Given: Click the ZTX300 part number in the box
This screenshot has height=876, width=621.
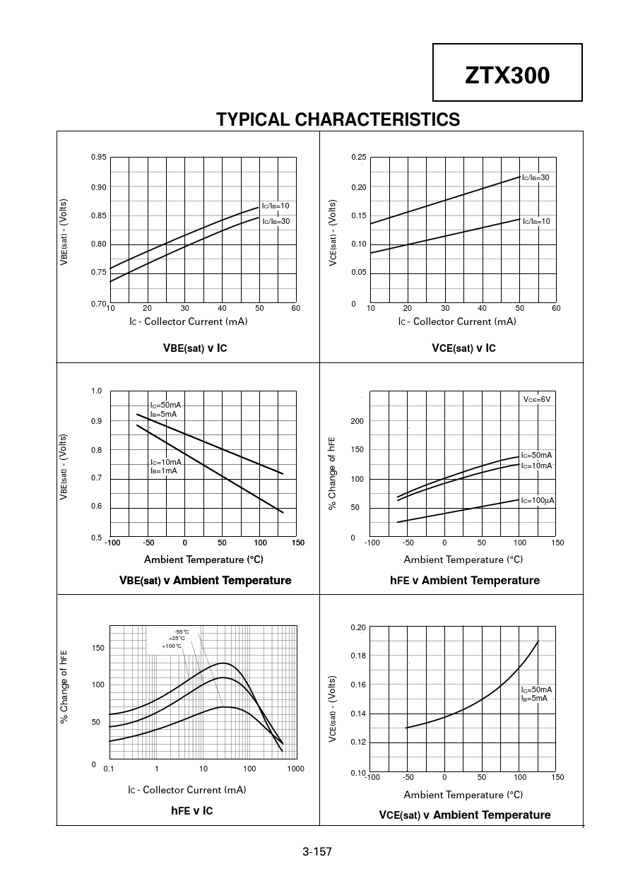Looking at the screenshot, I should tap(507, 76).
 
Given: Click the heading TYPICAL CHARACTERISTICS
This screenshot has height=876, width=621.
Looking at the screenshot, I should tap(338, 119).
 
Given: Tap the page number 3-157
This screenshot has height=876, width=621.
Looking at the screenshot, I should tap(317, 851).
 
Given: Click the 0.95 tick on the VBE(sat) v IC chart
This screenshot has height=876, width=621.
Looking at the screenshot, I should tap(98, 157).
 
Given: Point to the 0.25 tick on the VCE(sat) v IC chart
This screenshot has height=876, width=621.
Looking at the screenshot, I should tap(359, 157).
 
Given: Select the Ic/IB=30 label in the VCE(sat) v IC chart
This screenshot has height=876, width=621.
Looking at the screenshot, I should tap(536, 178).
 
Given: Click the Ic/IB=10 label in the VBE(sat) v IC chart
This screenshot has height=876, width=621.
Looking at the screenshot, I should tap(276, 206).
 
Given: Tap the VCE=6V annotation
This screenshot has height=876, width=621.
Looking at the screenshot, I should tap(536, 399).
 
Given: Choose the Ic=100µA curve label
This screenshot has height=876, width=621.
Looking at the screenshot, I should tap(537, 500).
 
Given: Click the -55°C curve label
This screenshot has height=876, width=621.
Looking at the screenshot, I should tap(182, 632).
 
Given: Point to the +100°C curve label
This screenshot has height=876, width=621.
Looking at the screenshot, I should tap(172, 646).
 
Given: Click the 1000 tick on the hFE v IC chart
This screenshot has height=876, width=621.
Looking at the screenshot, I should tap(296, 768).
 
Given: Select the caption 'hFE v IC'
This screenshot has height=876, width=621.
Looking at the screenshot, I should tap(191, 810).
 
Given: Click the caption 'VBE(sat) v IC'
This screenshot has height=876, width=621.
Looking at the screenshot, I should tap(195, 348).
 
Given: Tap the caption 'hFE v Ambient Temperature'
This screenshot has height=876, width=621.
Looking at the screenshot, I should tap(464, 581).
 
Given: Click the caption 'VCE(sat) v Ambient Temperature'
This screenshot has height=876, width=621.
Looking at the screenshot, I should tap(464, 815).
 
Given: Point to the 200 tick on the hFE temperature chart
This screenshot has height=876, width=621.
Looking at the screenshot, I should tap(357, 421).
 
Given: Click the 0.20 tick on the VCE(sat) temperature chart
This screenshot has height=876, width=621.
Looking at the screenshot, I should tap(358, 627).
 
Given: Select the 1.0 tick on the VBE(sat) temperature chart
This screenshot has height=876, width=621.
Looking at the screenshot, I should tap(96, 391).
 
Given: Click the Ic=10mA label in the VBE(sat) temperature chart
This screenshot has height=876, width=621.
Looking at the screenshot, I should tap(165, 462).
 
